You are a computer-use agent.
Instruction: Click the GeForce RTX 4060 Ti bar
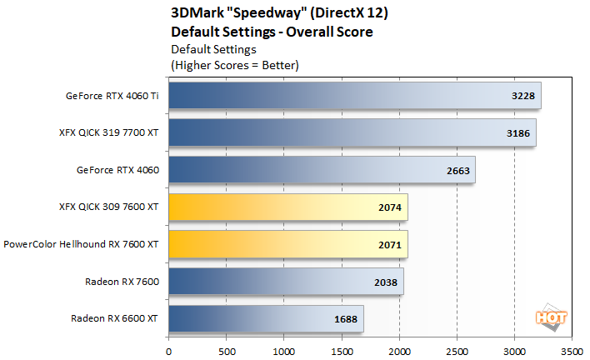tap(355, 95)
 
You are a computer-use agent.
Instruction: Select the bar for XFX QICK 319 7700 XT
tap(352, 132)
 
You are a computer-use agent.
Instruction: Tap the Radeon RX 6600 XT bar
tap(266, 319)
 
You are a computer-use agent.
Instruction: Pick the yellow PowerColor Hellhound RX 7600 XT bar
tap(288, 245)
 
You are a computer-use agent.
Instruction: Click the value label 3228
tap(522, 96)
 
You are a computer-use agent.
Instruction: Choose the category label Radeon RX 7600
tap(124, 282)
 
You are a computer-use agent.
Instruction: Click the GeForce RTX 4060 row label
tap(120, 171)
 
